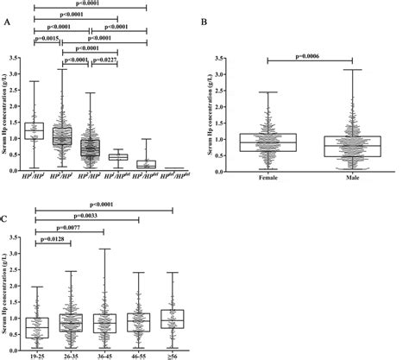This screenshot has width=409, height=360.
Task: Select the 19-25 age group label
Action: pyautogui.click(x=35, y=354)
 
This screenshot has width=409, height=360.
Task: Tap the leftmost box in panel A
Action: pyautogui.click(x=35, y=130)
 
